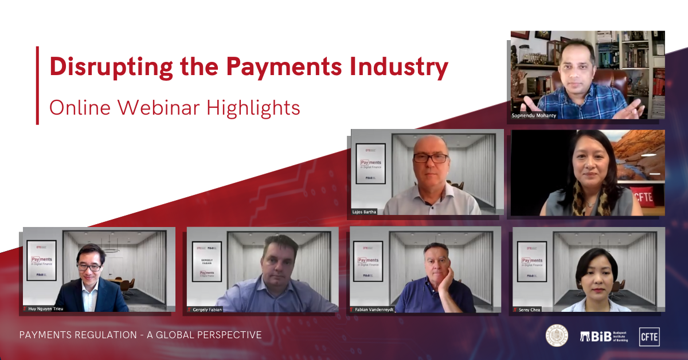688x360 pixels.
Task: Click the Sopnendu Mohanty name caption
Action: click(x=534, y=115)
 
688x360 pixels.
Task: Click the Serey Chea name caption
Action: click(x=530, y=309)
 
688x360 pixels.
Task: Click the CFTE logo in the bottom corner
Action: click(x=650, y=336)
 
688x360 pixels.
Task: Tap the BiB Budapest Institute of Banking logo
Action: click(x=604, y=336)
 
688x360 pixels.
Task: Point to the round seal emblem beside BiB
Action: click(x=556, y=336)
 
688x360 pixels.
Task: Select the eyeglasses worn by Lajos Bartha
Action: click(x=431, y=158)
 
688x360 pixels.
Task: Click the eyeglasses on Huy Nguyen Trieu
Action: click(x=89, y=267)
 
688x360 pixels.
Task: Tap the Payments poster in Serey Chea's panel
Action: click(x=531, y=260)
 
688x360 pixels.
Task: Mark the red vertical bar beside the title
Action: click(x=37, y=85)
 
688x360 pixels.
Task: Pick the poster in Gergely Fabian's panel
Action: click(x=207, y=261)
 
